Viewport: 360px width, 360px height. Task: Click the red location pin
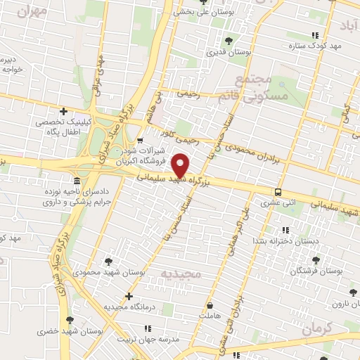coord(181,166)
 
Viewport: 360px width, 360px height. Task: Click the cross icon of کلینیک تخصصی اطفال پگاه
coord(63,111)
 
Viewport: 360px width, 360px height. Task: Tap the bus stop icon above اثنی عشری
coord(278,191)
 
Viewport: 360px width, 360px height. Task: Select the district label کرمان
coord(322,328)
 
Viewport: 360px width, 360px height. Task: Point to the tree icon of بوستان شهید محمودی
coord(107,261)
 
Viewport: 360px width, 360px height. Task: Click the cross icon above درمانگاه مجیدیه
coord(128,296)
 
